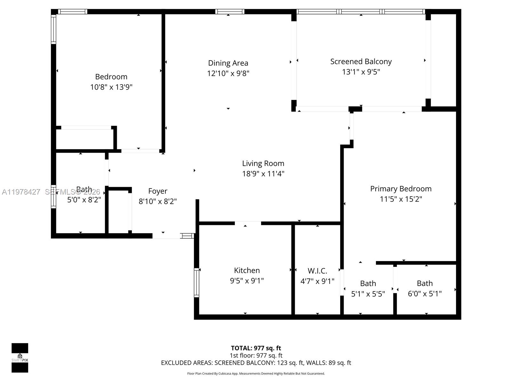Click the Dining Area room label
point(228,63)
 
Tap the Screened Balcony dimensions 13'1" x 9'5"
point(361,72)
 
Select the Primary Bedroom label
point(401,189)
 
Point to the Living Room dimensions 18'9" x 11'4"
point(263,174)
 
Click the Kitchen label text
point(247,270)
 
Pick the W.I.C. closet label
point(317,271)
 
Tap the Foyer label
point(157,191)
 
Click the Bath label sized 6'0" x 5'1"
point(425,284)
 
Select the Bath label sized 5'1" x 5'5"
point(368,284)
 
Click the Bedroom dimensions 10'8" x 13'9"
point(111,87)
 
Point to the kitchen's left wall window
point(196,283)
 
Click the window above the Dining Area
point(229,12)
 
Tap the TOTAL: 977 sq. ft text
point(256,348)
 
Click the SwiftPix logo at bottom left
point(20,358)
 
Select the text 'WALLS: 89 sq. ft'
point(328,363)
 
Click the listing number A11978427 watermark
point(21,192)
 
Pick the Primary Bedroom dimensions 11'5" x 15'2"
point(401,199)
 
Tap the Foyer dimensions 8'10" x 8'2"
point(157,201)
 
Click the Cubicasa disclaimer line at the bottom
point(256,373)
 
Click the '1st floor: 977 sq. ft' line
point(256,356)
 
